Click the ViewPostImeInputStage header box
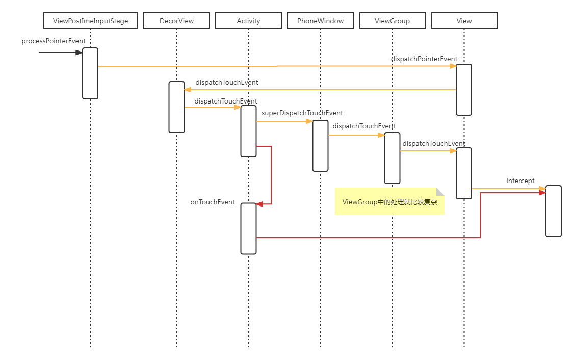(90, 21)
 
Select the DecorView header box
(176, 21)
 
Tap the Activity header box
(248, 21)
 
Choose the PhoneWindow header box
(320, 21)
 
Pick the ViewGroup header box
(392, 21)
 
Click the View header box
(464, 21)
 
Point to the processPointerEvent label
(54, 41)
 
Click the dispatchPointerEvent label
(424, 59)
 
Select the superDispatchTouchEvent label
(302, 113)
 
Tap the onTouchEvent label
(213, 202)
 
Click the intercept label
(520, 181)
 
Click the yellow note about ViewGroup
(389, 202)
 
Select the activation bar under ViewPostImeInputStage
(90, 73)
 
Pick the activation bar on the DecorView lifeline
(176, 107)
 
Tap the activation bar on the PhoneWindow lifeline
(320, 146)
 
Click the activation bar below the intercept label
(553, 211)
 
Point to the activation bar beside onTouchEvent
(248, 228)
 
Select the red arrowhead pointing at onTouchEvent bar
(259, 204)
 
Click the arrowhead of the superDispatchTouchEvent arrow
(309, 121)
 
